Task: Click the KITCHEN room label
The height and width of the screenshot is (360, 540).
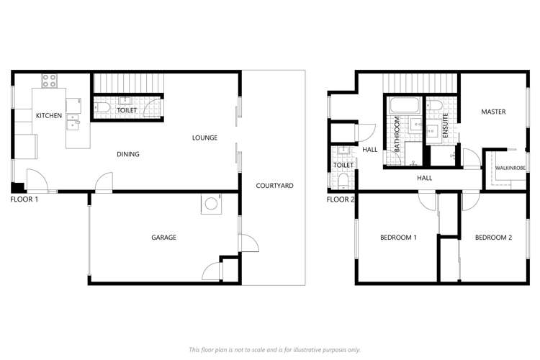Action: tap(49, 115)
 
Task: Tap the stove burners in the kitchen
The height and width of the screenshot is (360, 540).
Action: tap(50, 81)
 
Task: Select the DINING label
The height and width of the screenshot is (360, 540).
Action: tap(128, 154)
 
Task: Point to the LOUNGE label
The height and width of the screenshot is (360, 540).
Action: tap(204, 138)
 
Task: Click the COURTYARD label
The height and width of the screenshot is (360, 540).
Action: tap(274, 186)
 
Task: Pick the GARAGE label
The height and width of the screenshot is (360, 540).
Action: tap(163, 238)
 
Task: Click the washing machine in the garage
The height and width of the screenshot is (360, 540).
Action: tap(210, 204)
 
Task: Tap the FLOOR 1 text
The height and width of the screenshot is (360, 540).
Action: tap(24, 199)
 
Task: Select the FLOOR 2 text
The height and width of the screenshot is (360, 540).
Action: tap(341, 199)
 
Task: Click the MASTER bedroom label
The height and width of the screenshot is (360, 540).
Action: tap(493, 112)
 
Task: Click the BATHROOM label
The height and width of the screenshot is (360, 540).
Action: tap(397, 134)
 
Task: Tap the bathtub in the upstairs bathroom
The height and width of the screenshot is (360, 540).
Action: tap(405, 107)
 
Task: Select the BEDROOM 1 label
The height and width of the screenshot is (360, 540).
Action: tap(399, 238)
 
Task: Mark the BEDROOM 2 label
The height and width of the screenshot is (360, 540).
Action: tap(494, 238)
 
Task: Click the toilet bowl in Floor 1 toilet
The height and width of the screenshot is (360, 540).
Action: tap(102, 109)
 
